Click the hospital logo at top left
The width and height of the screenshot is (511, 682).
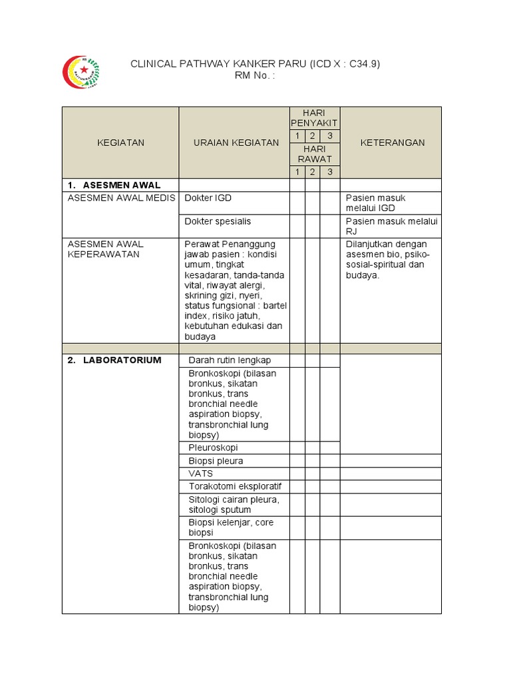tap(81, 72)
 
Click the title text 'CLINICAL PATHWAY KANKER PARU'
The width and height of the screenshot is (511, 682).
tap(218, 64)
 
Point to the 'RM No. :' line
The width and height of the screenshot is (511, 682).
tap(255, 75)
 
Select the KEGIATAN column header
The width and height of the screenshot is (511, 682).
tap(120, 143)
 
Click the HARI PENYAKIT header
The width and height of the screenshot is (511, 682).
tap(315, 118)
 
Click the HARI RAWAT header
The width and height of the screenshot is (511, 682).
tap(315, 155)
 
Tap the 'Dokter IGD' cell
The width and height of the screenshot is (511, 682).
tap(209, 198)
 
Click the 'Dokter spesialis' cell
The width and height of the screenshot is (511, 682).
tap(218, 221)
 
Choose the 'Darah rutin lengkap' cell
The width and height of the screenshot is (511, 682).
tap(230, 360)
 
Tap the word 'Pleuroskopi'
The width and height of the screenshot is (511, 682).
tap(213, 448)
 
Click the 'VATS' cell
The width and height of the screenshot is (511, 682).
tap(200, 474)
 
